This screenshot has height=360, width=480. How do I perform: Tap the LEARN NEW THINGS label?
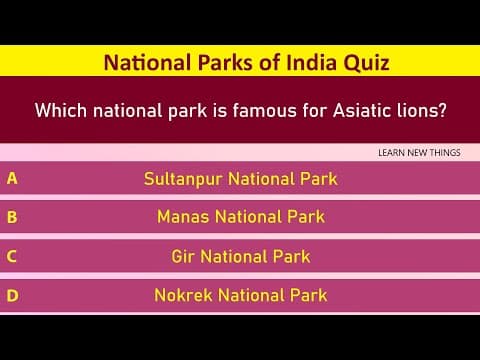(420, 152)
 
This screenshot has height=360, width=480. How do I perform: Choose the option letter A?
(12, 179)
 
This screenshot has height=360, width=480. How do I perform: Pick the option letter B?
(12, 216)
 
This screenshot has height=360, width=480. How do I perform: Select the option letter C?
(12, 256)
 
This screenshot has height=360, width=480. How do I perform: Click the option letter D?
(12, 295)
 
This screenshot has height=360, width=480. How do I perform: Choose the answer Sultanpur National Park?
(240, 180)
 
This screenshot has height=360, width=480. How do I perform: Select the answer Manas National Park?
(240, 216)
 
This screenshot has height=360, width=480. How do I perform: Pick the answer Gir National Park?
(240, 256)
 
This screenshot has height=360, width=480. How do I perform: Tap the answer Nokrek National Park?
(240, 295)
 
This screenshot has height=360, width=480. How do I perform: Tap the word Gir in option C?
(183, 256)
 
